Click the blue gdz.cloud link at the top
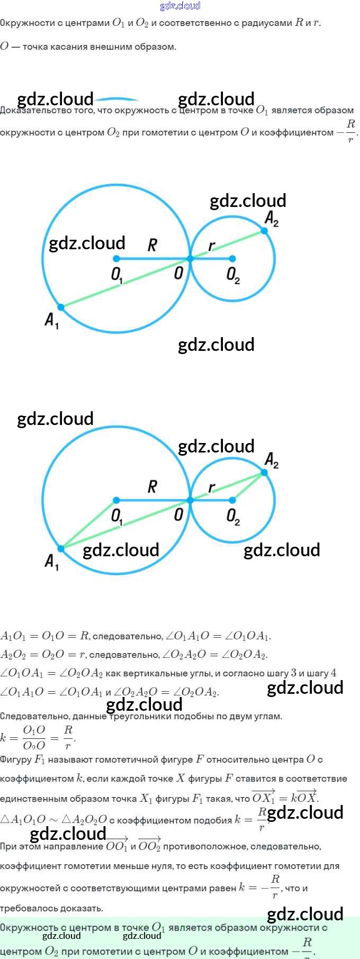point(180,6)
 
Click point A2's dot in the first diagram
point(264,231)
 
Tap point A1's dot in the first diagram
point(61,307)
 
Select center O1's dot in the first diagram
point(116,259)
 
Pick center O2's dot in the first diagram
point(232,259)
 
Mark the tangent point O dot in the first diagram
point(190,259)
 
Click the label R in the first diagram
point(152,245)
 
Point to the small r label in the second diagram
point(212,487)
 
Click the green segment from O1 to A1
point(89,524)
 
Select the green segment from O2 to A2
point(248,486)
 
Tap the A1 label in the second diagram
point(51,562)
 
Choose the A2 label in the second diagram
point(272,460)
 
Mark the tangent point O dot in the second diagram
point(190,500)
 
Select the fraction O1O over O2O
point(34,738)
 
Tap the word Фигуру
point(15,759)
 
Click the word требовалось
point(26,908)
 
